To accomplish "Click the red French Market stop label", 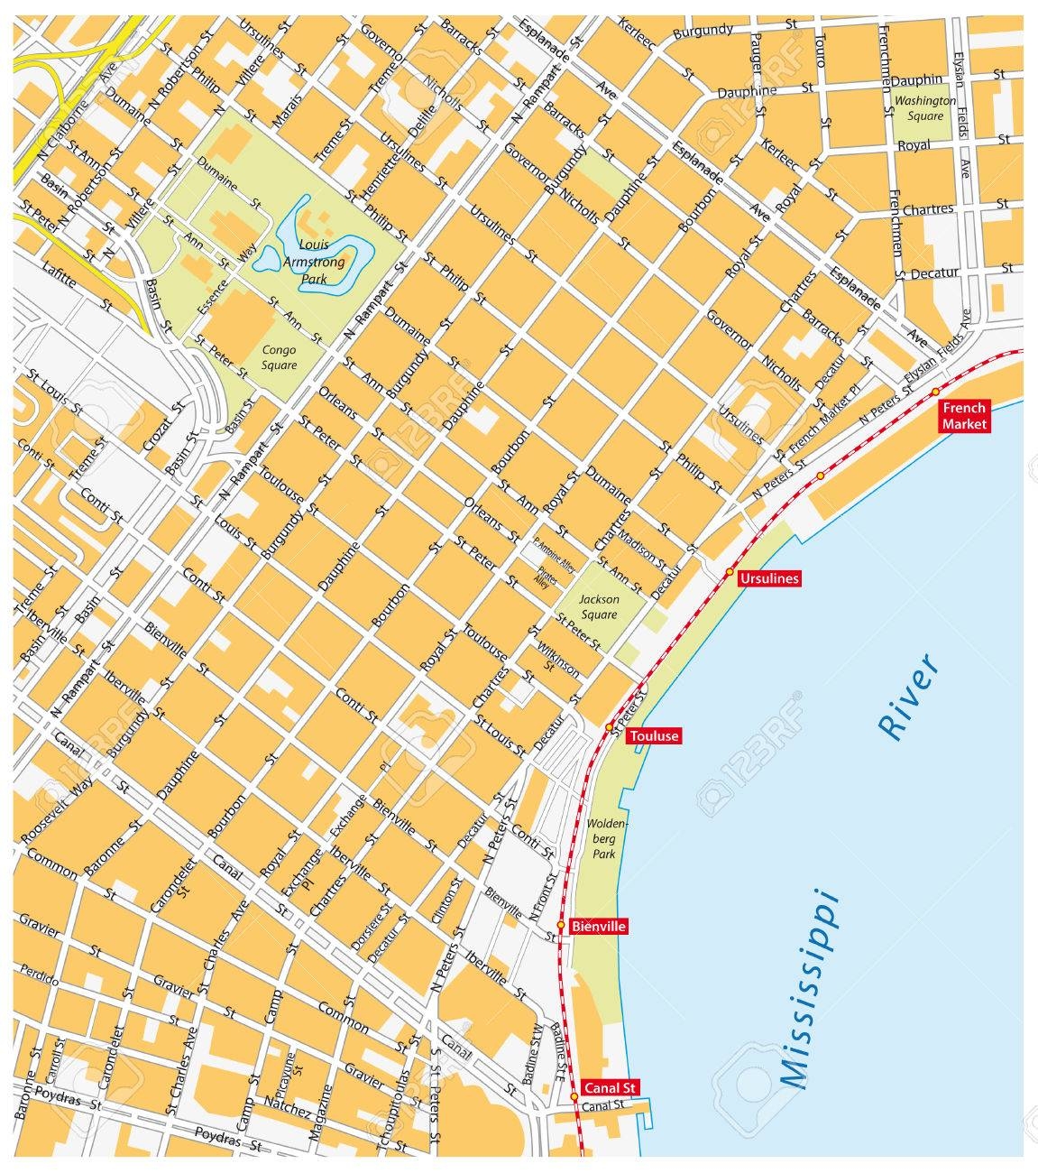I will click(964, 416).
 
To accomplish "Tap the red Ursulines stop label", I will click(768, 579).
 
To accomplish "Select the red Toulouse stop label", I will click(653, 736).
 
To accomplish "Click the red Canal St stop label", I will click(611, 1087).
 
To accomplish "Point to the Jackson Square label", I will click(599, 606).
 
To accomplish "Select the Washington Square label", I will click(925, 108).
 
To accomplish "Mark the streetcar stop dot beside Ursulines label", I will click(729, 572).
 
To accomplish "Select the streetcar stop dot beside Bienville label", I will click(560, 925).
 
